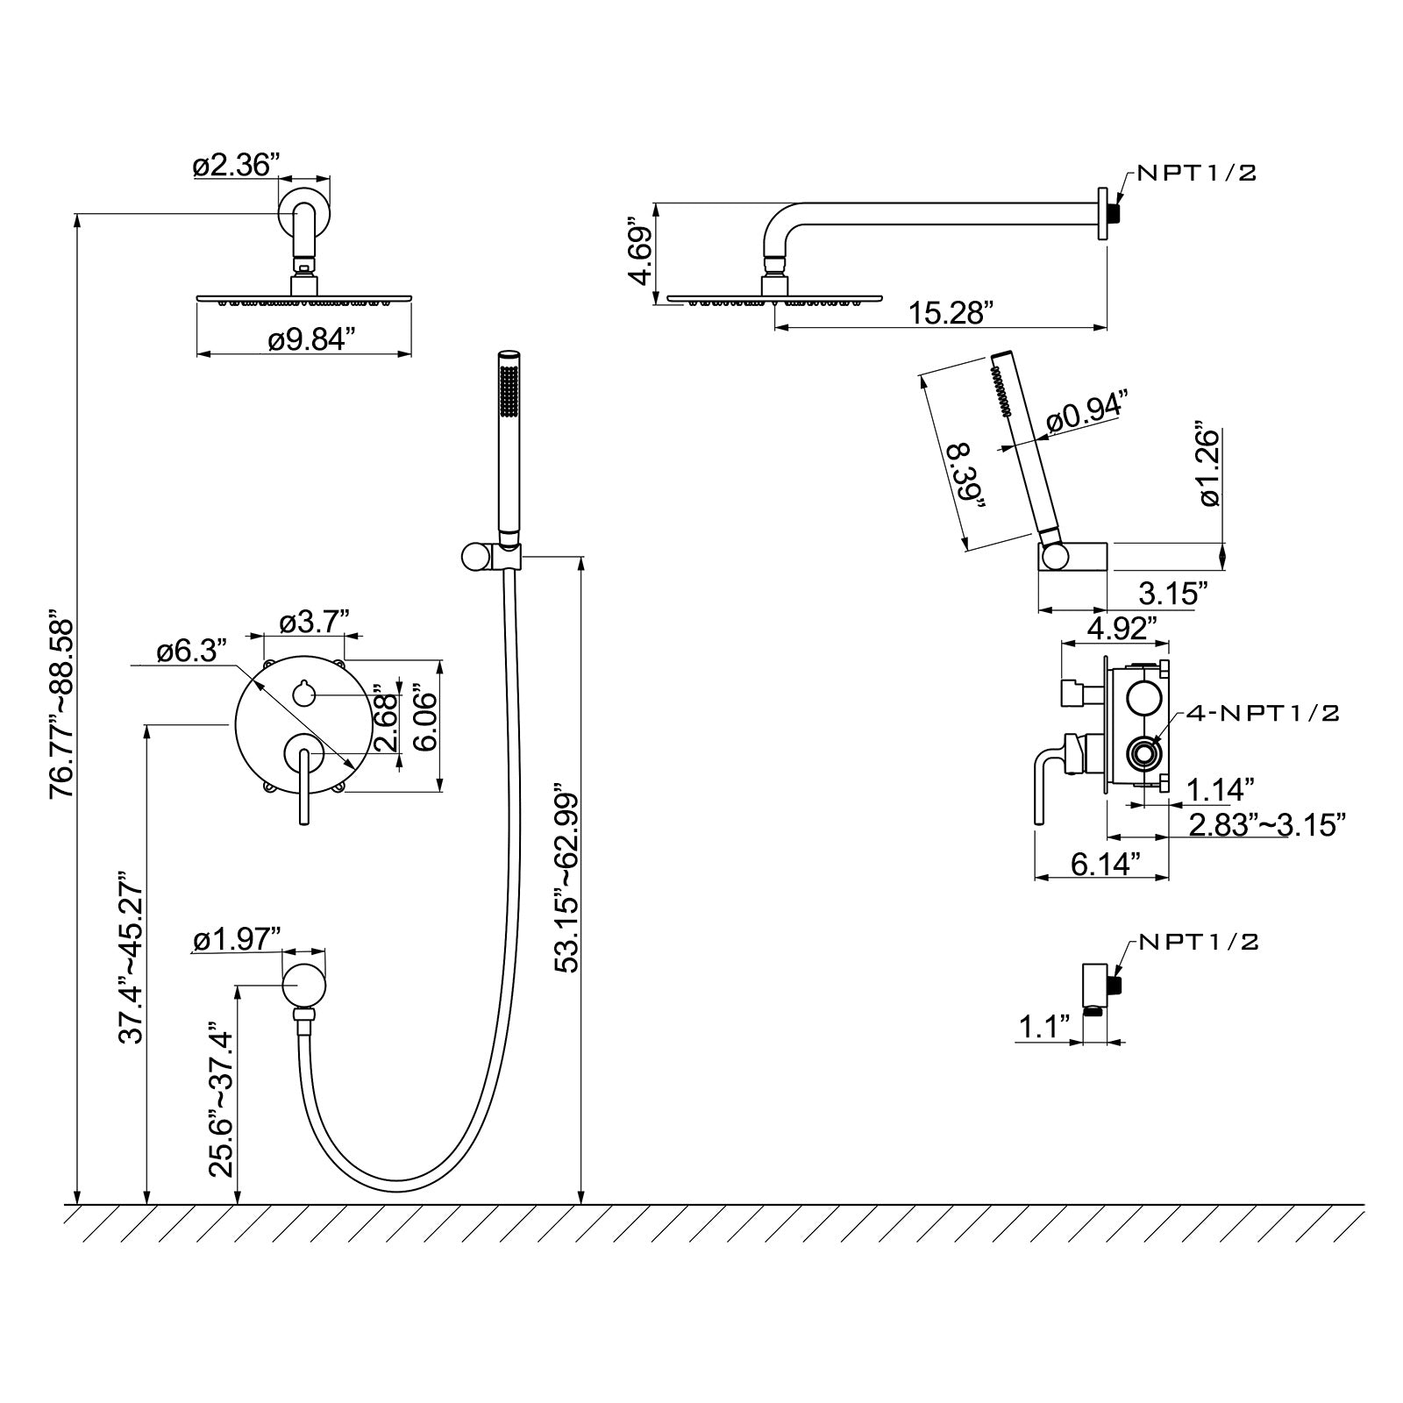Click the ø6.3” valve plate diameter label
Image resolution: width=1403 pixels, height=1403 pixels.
(192, 651)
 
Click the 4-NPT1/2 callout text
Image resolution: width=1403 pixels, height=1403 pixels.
(1263, 713)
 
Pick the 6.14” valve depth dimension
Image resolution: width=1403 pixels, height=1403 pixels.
(1106, 864)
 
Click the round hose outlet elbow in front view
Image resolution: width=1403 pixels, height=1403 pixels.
(303, 986)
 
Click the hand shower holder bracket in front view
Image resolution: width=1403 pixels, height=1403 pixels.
(491, 556)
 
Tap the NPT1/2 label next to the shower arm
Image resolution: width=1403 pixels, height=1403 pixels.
(1197, 173)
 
